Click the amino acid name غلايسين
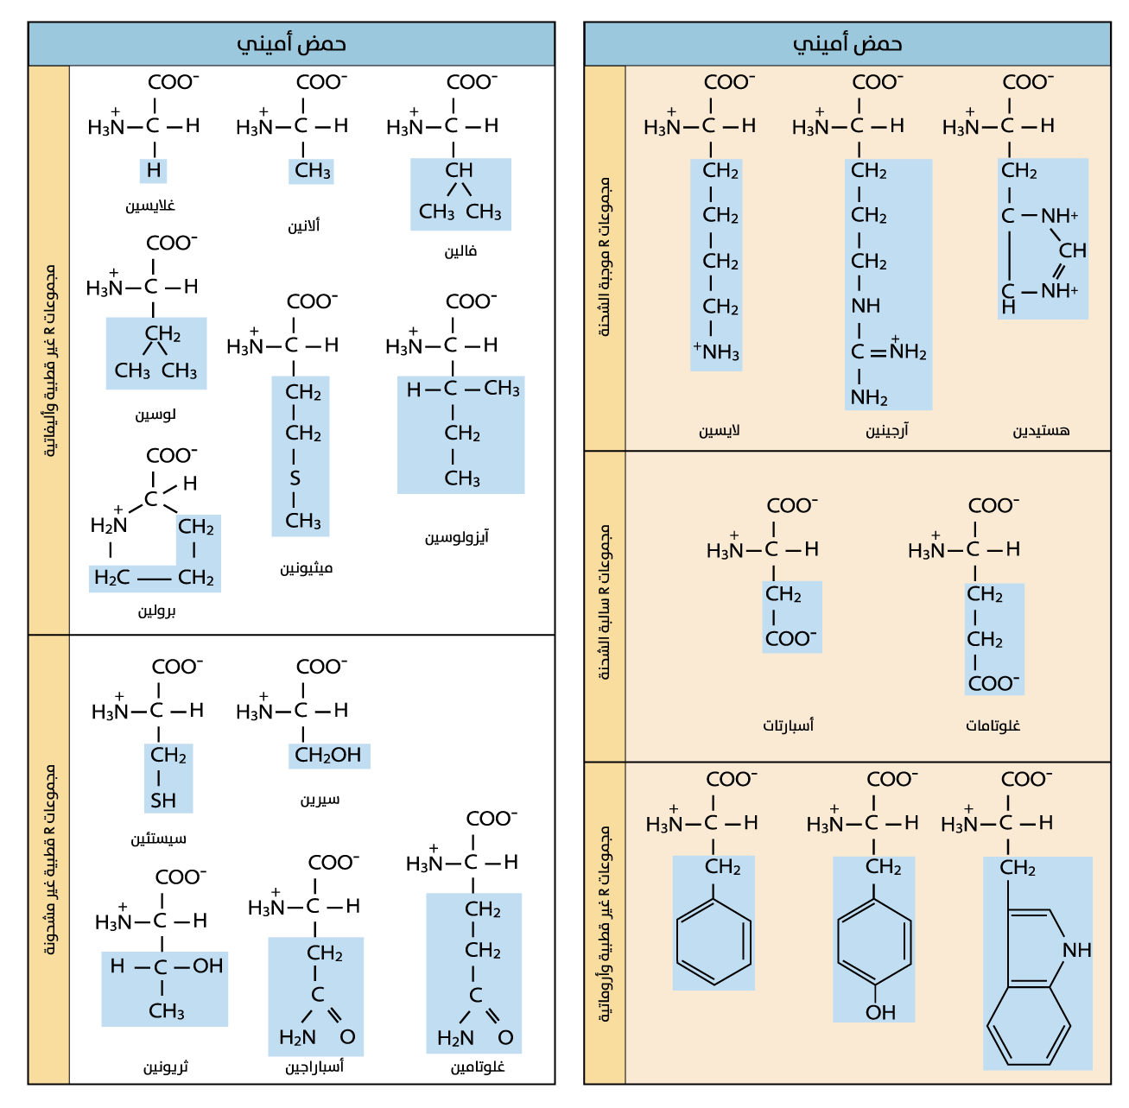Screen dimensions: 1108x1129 coord(150,206)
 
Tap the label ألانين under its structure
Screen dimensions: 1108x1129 coord(304,226)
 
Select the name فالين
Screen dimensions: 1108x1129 coord(460,251)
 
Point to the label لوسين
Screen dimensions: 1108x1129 coord(155,415)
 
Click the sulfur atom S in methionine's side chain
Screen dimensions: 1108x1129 coord(295,478)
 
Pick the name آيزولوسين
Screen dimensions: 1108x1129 coord(456,537)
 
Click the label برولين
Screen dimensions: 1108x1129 coord(157,611)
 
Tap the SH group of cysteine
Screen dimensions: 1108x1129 coord(163,801)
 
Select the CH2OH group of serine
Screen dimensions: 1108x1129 coord(328,756)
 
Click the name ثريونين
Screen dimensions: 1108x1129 coord(166,1067)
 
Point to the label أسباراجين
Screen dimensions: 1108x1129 coord(314,1067)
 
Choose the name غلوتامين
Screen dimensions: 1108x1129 coord(478,1067)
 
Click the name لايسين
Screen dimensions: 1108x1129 coord(720,430)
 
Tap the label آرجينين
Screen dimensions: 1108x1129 coord(887,430)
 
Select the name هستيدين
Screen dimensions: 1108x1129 coord(1041,430)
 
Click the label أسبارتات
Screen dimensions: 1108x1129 coord(788,725)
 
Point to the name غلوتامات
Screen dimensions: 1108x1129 coord(993,725)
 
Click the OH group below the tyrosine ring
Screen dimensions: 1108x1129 coord(880,1012)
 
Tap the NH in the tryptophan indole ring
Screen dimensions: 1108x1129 coord(1077,950)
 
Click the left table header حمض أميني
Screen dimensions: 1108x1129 coord(291,44)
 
